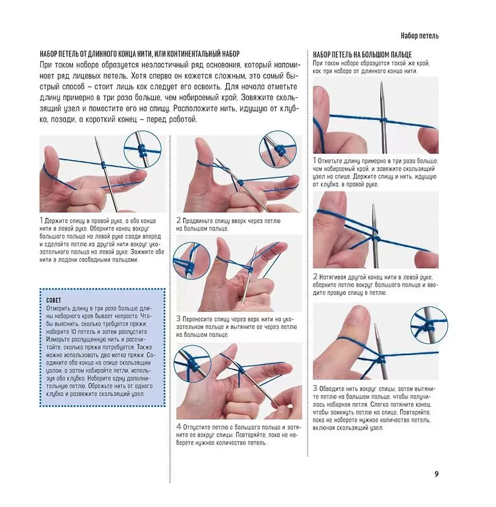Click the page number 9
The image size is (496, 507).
[x=437, y=474]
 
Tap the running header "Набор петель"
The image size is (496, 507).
[x=419, y=36]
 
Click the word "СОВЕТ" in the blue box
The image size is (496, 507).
[x=54, y=301]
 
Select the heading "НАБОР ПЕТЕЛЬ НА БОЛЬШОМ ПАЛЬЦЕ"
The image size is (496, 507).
[x=362, y=55]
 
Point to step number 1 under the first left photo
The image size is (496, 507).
[x=41, y=220]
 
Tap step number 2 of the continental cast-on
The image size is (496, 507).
[x=179, y=220]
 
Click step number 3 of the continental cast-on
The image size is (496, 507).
[x=179, y=319]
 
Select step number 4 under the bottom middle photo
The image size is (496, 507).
[x=179, y=427]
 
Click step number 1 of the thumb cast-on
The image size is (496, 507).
[x=315, y=161]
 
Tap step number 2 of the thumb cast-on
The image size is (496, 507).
[x=315, y=277]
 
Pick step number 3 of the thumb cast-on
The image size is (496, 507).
[x=315, y=388]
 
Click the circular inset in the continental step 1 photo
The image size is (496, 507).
[x=143, y=149]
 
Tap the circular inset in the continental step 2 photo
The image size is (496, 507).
[x=278, y=149]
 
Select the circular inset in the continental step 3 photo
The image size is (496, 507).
[x=191, y=261]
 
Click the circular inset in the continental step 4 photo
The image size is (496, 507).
[x=193, y=364]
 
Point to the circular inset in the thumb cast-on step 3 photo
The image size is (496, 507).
[x=429, y=325]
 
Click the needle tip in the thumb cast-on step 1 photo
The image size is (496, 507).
[x=382, y=83]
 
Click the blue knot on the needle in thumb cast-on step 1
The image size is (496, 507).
[x=383, y=121]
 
